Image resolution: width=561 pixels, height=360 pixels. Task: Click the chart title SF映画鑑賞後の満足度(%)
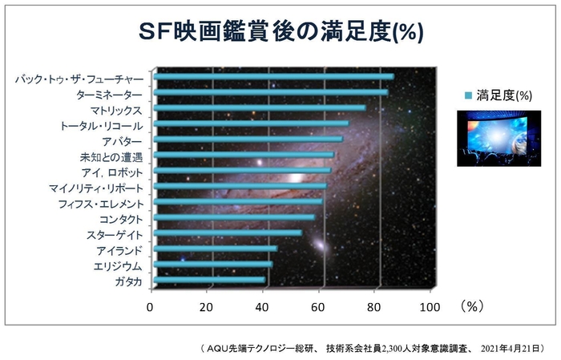(280, 31)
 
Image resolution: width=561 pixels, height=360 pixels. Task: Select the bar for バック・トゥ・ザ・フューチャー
(272, 77)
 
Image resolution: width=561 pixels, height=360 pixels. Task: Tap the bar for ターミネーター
(270, 93)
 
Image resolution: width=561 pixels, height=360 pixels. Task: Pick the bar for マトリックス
(259, 108)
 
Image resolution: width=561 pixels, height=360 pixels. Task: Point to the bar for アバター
(248, 140)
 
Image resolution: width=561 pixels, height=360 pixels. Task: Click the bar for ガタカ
(209, 281)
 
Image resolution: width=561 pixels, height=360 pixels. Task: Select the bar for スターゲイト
(228, 233)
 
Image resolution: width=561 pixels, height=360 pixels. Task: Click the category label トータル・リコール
(102, 126)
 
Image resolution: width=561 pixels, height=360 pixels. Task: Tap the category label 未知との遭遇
(111, 157)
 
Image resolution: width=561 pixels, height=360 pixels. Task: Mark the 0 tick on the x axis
(150, 306)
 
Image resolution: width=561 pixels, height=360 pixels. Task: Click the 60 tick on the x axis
(318, 306)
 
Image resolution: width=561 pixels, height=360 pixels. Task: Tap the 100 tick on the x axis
(430, 306)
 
